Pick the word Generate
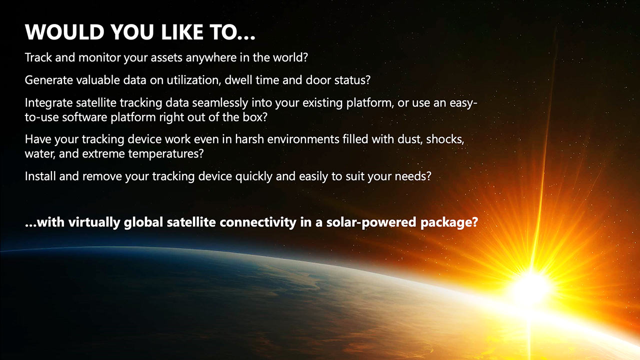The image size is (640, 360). [49, 80]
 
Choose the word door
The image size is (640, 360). [318, 79]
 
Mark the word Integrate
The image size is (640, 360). [49, 103]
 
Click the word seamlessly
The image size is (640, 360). [220, 103]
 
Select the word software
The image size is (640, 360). [84, 117]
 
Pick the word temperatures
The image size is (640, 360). [165, 154]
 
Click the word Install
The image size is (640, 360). [40, 176]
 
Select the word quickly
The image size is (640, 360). [253, 176]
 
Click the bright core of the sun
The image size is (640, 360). [531, 287]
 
